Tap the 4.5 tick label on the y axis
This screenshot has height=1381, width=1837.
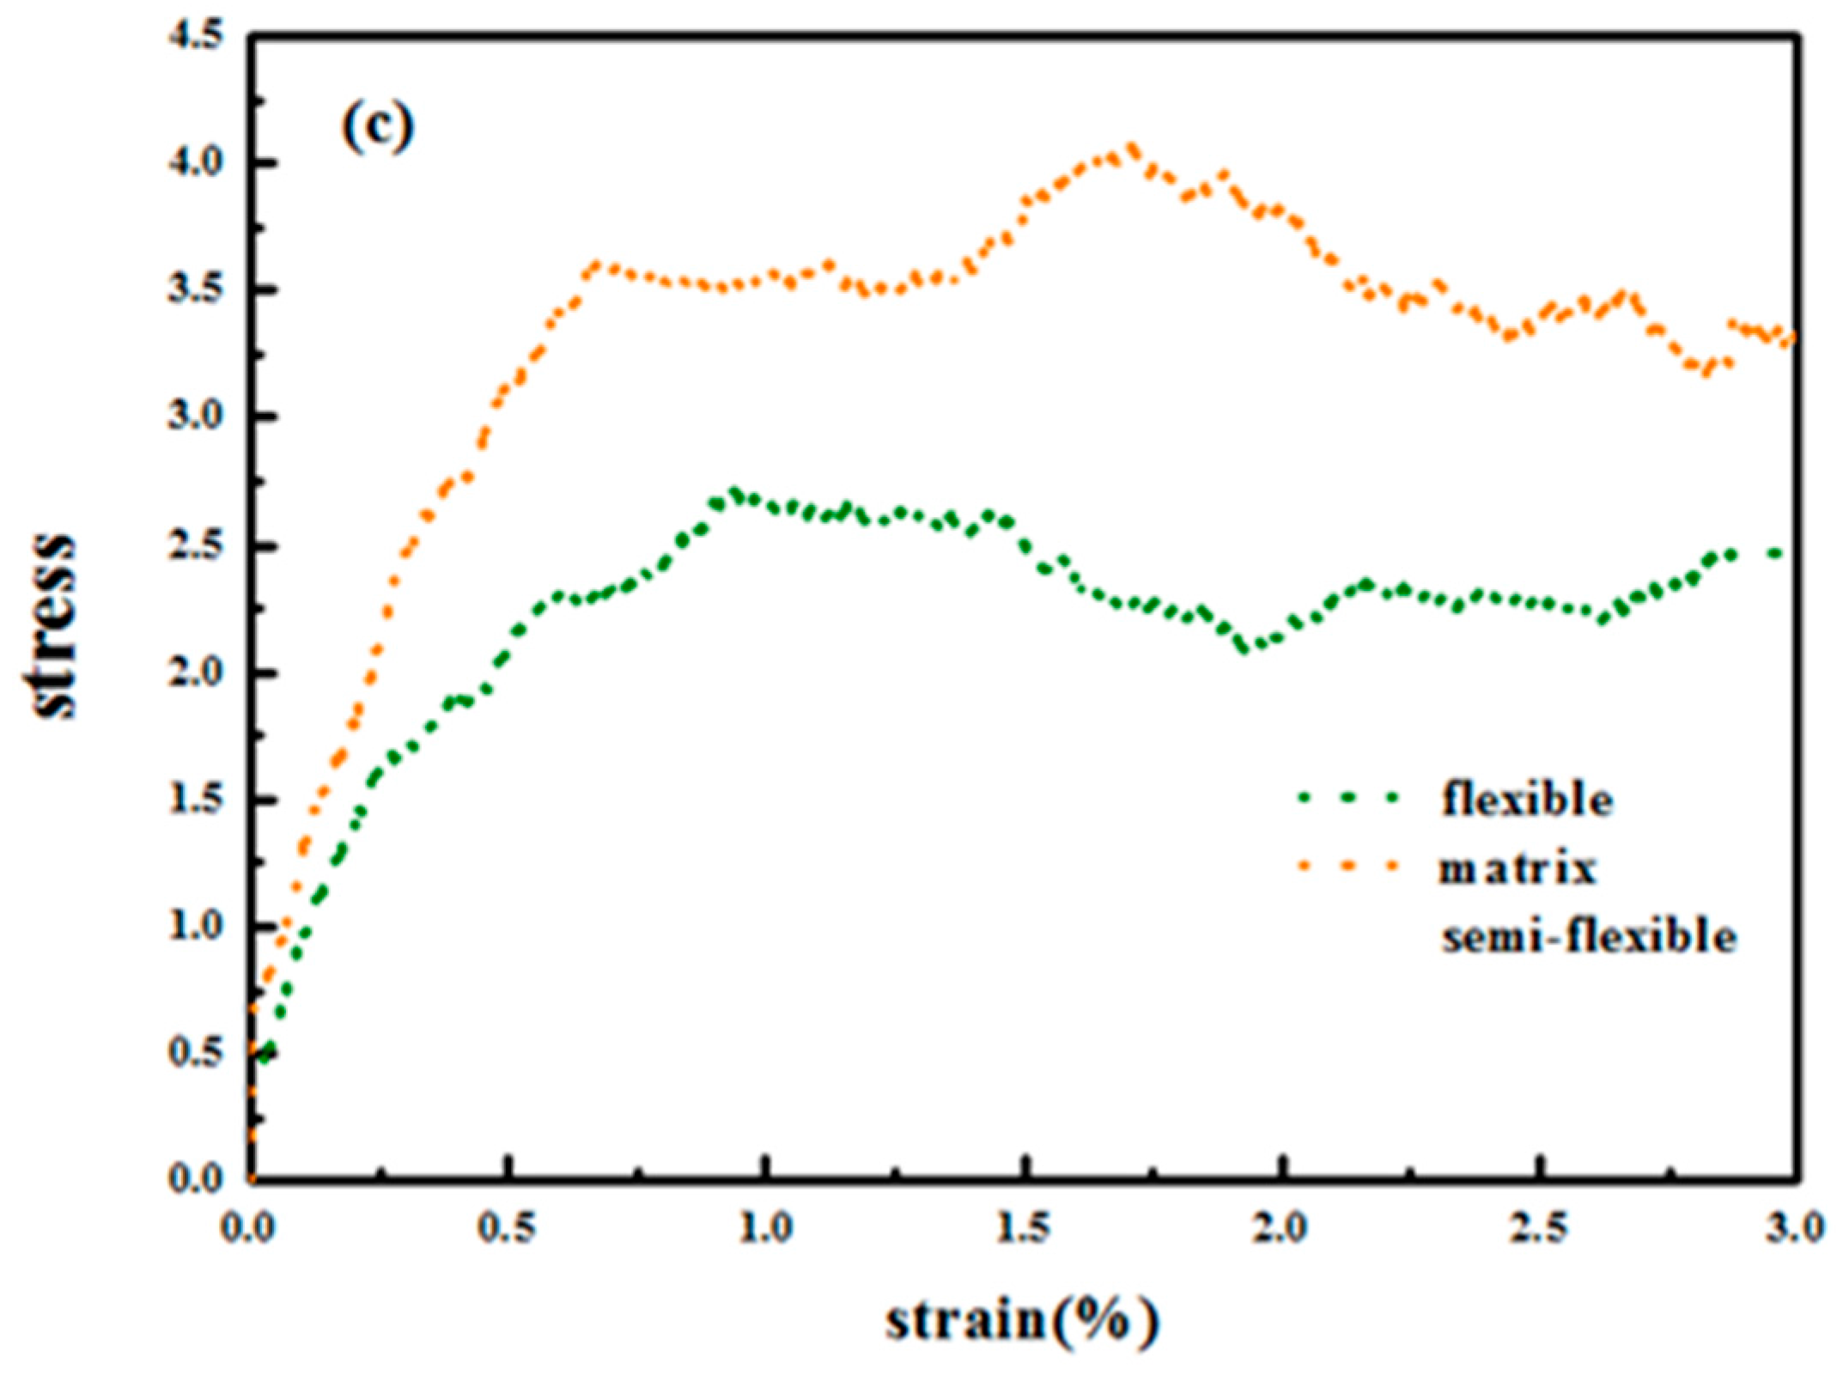pos(196,36)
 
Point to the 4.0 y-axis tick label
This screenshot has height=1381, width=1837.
pos(196,163)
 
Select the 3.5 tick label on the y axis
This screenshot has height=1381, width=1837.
pos(196,290)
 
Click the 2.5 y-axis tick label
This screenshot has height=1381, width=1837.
pos(196,546)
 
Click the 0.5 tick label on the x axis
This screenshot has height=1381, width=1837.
pos(508,1228)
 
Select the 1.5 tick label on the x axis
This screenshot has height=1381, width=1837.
pos(1024,1228)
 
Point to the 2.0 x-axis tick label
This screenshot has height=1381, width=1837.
pos(1281,1228)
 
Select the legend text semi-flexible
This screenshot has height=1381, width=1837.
pos(1589,936)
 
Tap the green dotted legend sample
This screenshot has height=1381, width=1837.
pos(1348,798)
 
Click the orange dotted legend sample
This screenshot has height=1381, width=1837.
pos(1348,867)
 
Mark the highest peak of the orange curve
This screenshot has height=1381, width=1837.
pos(1132,149)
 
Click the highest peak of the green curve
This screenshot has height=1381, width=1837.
pos(733,493)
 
